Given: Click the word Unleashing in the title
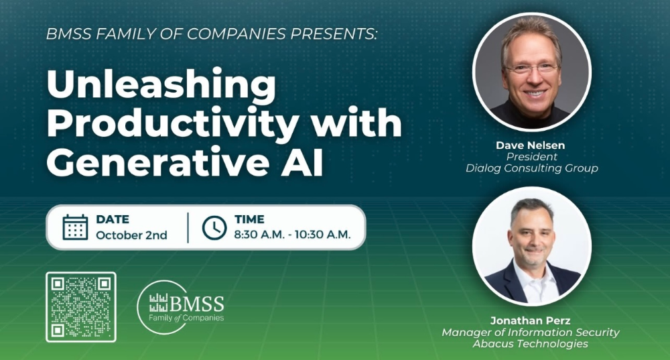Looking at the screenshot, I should (x=161, y=86).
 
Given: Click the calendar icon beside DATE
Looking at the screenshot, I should (x=75, y=227).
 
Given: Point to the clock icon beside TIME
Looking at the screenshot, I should (x=214, y=227).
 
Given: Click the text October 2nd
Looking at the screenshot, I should (x=131, y=235).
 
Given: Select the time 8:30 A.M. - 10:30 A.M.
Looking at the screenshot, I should (x=292, y=235).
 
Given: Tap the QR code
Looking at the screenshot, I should (x=80, y=306).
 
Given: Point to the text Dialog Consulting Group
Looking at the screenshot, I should (x=531, y=168).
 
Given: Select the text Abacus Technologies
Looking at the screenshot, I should (x=530, y=344).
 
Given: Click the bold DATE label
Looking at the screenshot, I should (x=112, y=219).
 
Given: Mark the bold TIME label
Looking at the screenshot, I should (x=249, y=219).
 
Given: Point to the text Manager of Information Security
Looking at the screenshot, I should (x=530, y=333).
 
